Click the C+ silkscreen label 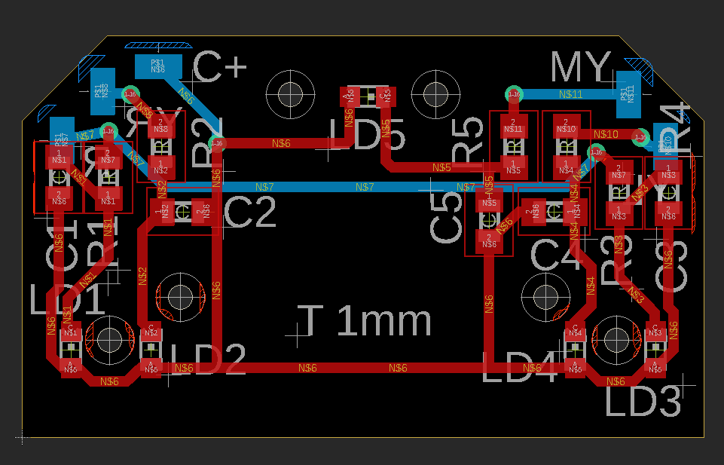(220, 69)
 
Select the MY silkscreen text (580, 69)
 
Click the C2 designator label (251, 213)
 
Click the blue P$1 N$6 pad (158, 66)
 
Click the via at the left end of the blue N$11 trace (513, 94)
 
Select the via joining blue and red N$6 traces (217, 142)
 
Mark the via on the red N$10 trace (640, 137)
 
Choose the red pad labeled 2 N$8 (161, 126)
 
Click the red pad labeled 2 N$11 (513, 126)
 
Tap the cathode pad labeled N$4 (576, 332)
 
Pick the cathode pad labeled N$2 (151, 332)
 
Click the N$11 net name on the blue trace (570, 94)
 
